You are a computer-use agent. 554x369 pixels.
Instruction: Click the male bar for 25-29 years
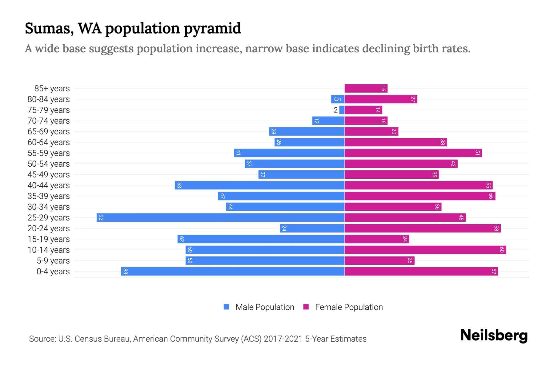tap(220, 218)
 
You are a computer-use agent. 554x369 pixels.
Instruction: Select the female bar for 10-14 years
tap(425, 250)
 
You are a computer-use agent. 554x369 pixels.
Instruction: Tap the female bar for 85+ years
tap(366, 89)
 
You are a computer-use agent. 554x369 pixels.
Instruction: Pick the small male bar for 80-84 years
tap(338, 99)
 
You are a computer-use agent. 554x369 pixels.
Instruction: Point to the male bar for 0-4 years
tap(232, 272)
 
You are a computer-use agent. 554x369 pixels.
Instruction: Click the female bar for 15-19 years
tap(376, 239)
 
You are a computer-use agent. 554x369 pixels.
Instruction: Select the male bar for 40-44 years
tap(259, 185)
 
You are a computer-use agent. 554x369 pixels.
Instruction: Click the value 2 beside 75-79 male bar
tap(335, 110)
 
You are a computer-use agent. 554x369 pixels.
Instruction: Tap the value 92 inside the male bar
tap(101, 218)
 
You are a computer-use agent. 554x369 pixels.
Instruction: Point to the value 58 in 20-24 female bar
tap(496, 228)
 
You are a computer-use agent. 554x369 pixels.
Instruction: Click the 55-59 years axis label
tap(49, 153)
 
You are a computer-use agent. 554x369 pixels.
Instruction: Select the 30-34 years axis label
tap(49, 207)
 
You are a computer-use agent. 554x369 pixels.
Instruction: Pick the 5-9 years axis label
tap(53, 261)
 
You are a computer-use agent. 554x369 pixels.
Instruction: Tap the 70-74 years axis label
tap(49, 121)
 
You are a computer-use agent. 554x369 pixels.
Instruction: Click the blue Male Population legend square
tap(227, 307)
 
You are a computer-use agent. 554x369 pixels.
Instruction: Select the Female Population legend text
tap(349, 307)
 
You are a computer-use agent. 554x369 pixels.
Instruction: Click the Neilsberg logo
tap(494, 335)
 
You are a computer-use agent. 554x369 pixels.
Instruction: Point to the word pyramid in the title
tap(212, 29)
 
